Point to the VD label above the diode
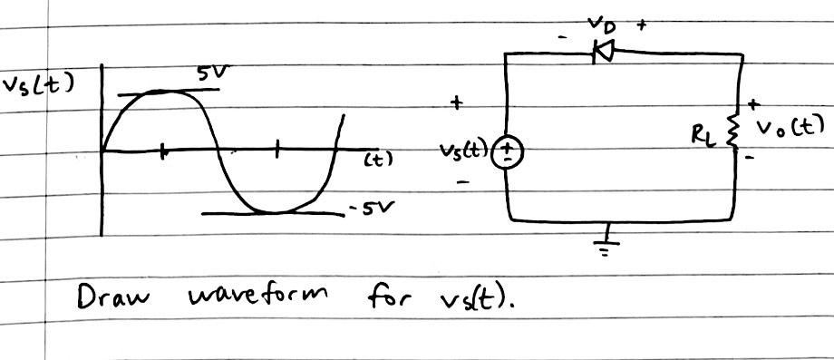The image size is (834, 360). (600, 23)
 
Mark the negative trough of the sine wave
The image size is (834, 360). (276, 212)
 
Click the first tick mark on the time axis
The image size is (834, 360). (162, 151)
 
